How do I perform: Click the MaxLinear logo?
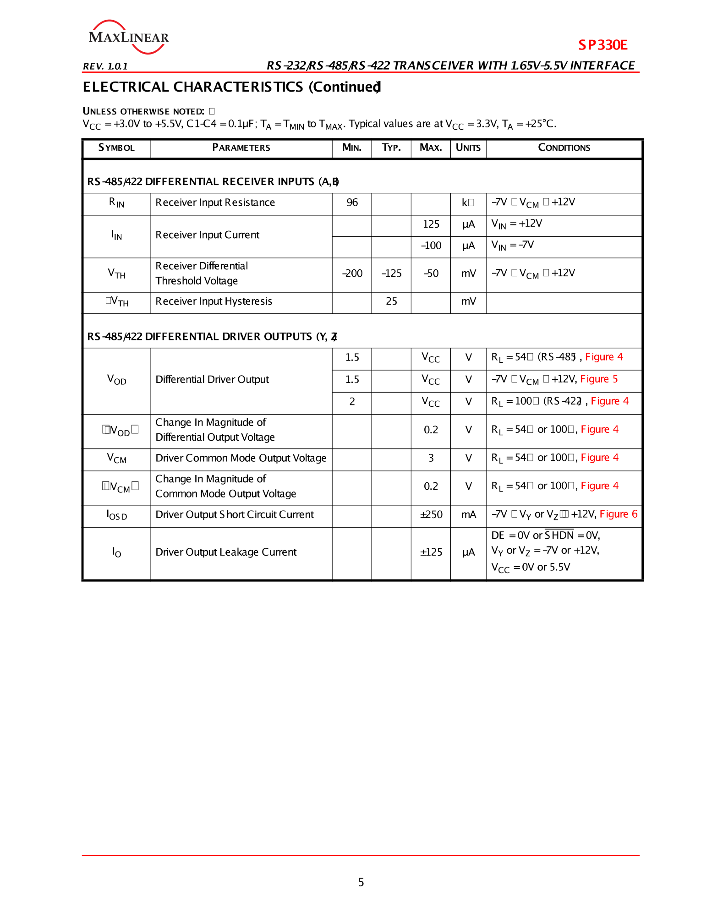pos(128,37)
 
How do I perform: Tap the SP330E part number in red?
pos(602,45)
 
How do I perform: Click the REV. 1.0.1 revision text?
pos(105,66)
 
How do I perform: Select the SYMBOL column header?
pos(116,148)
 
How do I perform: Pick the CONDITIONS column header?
pos(564,148)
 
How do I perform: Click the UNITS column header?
pos(468,148)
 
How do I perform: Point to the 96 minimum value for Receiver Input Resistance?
pos(352,202)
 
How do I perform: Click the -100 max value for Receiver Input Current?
pos(431,246)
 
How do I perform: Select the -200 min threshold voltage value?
pos(352,273)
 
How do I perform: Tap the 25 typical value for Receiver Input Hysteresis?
pos(391,301)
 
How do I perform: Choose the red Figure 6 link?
pos(618,514)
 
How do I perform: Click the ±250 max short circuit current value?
pos(431,515)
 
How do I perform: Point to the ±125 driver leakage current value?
pos(431,552)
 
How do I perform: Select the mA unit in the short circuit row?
pos(468,515)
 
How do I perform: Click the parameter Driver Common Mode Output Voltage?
pos(241,458)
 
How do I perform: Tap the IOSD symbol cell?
pos(116,515)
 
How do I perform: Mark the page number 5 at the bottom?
pos(361,882)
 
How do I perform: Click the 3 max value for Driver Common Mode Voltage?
pos(431,458)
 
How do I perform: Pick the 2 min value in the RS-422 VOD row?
pos(352,402)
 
